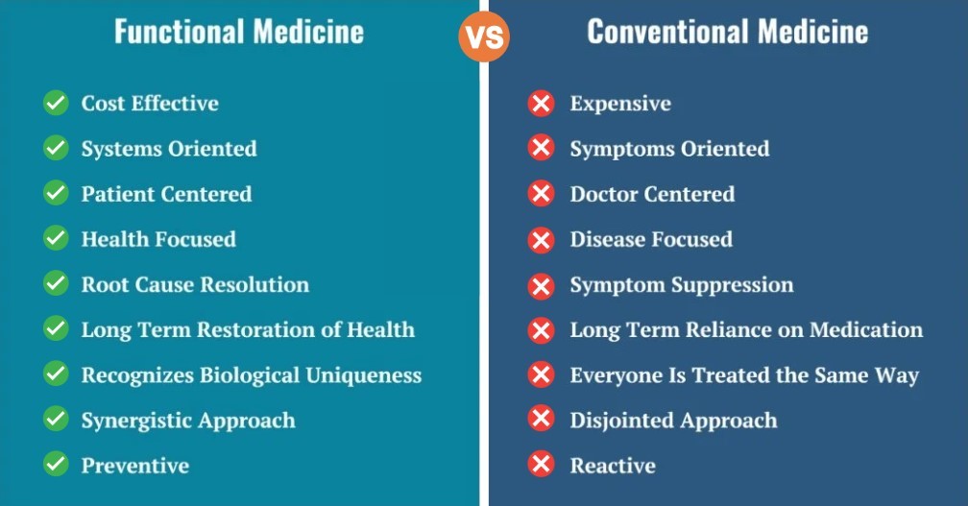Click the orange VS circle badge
coord(484,36)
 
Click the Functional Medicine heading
coord(239,32)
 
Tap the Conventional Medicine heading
coord(727,32)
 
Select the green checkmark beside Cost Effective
coord(56,103)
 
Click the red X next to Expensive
coord(541,103)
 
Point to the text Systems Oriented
coord(169,149)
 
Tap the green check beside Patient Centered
coord(56,193)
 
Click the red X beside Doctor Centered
coord(541,194)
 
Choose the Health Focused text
coord(158,239)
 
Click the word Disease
coord(608,239)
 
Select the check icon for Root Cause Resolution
coord(56,284)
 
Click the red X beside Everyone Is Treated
coord(541,374)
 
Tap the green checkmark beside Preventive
coord(56,465)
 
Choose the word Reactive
coord(613,466)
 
